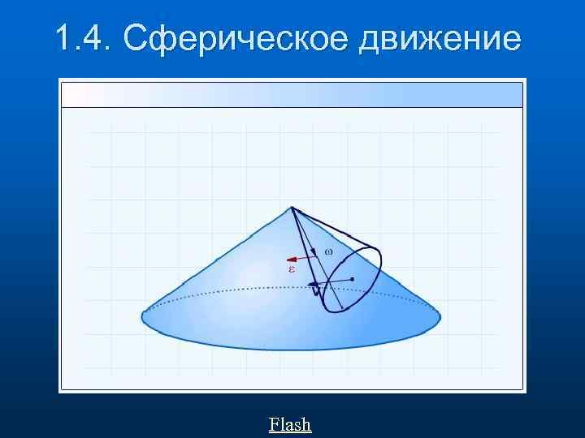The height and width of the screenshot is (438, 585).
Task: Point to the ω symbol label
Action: (x=328, y=251)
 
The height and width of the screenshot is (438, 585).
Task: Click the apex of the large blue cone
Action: (x=292, y=207)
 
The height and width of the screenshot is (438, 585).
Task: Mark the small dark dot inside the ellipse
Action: (x=353, y=279)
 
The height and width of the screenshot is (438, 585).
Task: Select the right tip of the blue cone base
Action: (x=440, y=315)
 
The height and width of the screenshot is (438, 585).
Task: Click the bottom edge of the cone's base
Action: (x=292, y=350)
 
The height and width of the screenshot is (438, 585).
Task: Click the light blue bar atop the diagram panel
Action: (x=292, y=94)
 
